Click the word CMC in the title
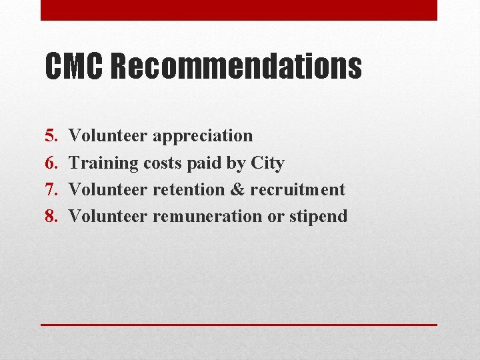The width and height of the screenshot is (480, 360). point(75,67)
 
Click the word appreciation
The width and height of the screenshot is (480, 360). point(203,137)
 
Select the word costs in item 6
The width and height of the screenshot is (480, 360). point(162,163)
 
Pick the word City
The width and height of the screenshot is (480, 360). point(267,163)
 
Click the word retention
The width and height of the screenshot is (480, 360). point(189,189)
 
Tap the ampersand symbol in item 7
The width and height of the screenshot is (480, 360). point(237,189)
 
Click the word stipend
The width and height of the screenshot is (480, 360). point(319,217)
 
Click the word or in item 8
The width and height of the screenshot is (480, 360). point(275,216)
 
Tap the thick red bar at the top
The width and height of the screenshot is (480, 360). point(239,10)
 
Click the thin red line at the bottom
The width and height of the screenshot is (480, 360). point(239,325)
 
